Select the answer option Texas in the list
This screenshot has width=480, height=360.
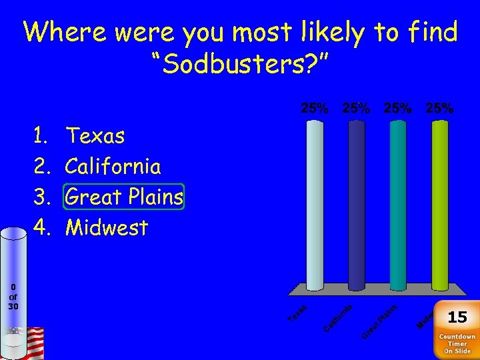click(x=95, y=136)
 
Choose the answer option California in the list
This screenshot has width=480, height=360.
click(x=113, y=166)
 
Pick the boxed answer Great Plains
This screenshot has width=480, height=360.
click(x=124, y=197)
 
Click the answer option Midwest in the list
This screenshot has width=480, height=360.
click(x=107, y=228)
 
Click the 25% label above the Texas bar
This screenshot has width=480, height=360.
click(x=315, y=108)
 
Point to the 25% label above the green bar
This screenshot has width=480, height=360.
click(x=440, y=108)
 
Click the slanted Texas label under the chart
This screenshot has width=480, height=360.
click(x=297, y=313)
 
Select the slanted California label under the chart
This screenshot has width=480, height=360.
click(x=338, y=316)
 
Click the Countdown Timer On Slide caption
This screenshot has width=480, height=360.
click(x=457, y=343)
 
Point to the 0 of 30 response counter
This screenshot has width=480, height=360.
click(x=13, y=297)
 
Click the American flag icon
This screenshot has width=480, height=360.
click(x=33, y=341)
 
